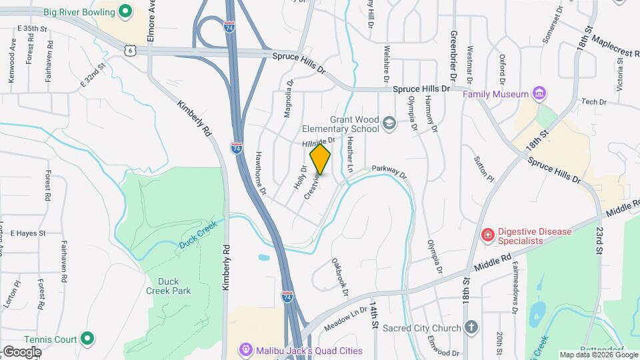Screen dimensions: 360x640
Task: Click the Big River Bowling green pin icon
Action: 125,11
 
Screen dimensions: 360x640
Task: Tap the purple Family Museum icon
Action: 539,94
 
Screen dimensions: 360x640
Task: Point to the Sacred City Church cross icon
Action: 471,327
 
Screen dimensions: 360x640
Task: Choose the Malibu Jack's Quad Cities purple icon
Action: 247,350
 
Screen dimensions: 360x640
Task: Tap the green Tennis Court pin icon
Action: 86,339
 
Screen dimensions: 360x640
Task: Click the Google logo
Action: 22,351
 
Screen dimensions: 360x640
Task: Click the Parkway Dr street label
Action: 389,171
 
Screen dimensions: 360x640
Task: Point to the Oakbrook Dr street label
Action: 340,274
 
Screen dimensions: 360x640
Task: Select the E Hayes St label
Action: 27,233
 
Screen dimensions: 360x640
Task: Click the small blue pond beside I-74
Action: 263,257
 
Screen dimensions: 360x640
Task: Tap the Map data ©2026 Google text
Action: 598,355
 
